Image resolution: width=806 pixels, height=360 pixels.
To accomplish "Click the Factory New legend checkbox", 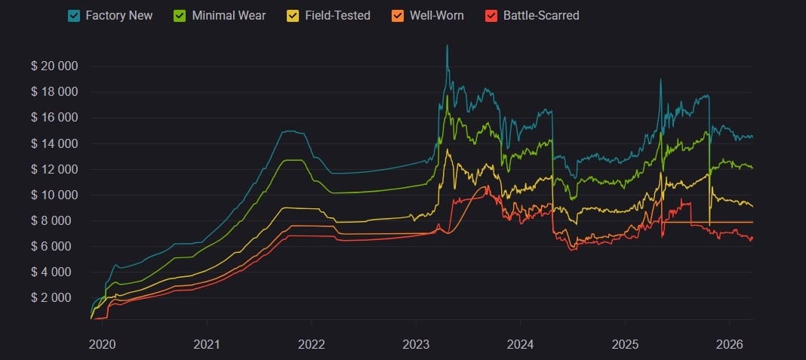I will coord(74,15).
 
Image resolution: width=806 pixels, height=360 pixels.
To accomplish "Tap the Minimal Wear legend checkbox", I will coord(180,15).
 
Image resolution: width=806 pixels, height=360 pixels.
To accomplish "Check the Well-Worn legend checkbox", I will coord(398,15).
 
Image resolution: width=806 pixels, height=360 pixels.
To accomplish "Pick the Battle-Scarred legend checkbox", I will coord(491,15).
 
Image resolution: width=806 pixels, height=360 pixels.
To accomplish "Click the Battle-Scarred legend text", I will coord(540,15).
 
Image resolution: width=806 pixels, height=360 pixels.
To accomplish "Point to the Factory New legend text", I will coord(119,15).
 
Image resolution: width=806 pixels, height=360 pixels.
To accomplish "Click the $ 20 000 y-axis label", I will coord(54,66).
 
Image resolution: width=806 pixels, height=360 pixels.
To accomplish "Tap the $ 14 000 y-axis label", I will coord(54,143).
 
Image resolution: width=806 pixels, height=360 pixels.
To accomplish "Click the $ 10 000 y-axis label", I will coord(54,195).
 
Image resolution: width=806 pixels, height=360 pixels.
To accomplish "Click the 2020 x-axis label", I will coord(102,344).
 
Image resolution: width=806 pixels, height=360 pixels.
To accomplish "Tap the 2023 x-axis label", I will coord(416,344).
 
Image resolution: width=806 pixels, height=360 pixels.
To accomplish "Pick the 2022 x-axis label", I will coord(311,344).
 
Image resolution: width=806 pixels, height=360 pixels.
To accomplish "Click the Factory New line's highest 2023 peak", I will coord(447,45).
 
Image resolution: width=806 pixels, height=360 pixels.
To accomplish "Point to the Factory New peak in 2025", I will coord(660,79).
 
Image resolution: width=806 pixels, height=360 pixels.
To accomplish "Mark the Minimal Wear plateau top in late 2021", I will coord(292,160).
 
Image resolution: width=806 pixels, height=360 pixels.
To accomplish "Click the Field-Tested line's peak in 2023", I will coord(447,149).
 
